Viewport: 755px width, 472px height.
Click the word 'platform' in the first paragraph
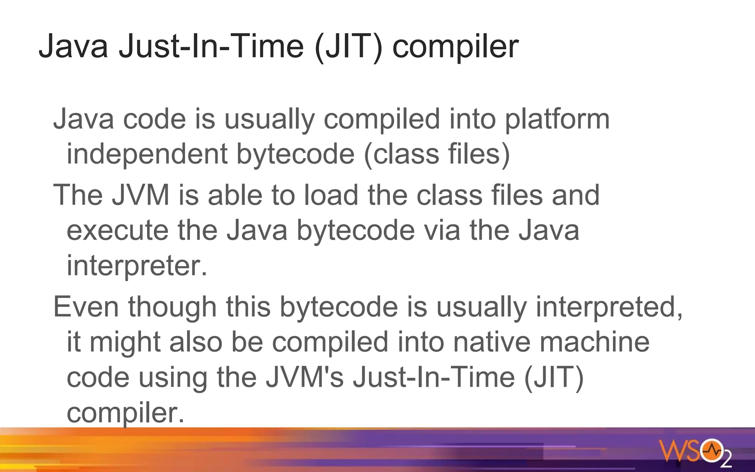557,120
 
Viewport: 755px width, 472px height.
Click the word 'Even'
86,307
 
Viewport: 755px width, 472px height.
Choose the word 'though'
172,307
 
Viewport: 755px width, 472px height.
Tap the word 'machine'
594,342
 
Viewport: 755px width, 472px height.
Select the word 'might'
125,342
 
